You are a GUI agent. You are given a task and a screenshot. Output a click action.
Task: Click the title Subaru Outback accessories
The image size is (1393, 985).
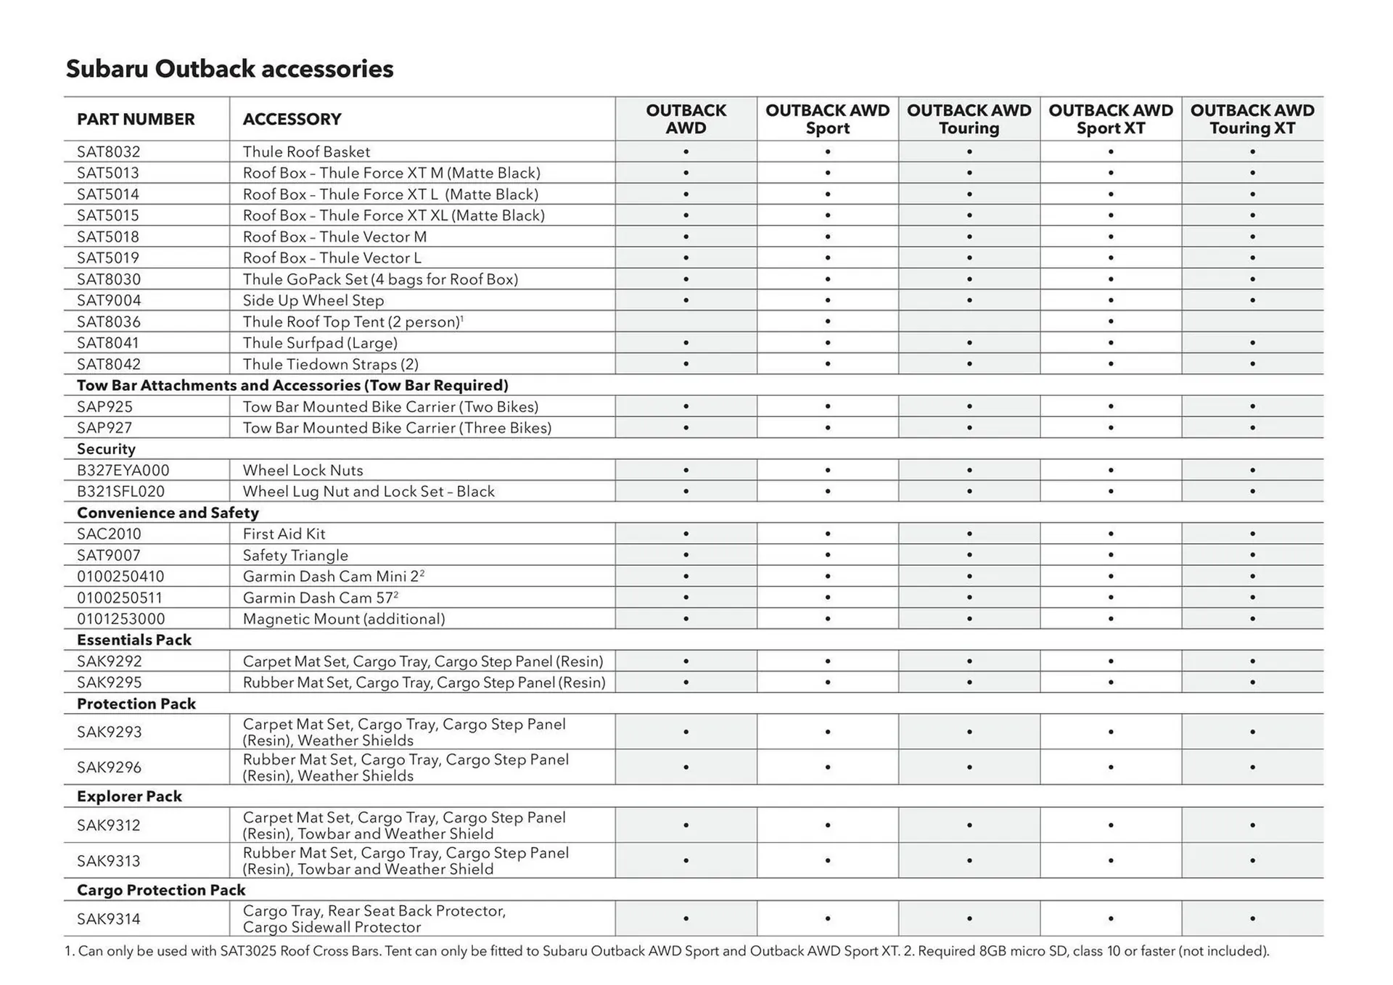click(x=229, y=69)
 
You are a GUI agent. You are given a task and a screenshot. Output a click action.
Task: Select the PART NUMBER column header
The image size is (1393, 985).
click(x=136, y=119)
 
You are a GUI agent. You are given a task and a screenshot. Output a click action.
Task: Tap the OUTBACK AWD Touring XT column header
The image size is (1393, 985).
click(x=1252, y=119)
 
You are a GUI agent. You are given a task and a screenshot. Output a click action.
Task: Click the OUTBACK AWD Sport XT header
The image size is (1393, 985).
click(x=1110, y=119)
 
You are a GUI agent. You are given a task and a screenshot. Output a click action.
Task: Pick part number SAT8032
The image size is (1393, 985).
click(x=109, y=152)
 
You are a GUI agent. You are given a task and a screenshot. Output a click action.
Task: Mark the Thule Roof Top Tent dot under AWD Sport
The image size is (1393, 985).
click(x=827, y=321)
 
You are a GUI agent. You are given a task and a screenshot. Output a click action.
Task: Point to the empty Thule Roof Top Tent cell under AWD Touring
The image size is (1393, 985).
click(x=969, y=321)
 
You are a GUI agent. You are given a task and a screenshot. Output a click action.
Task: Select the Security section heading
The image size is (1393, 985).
click(x=106, y=449)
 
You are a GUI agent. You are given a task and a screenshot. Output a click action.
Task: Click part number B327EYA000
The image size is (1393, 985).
click(x=123, y=470)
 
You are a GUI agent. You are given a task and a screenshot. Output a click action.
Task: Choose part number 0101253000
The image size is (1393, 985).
click(x=120, y=619)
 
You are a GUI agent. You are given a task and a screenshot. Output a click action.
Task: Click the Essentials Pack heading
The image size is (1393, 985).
click(x=134, y=640)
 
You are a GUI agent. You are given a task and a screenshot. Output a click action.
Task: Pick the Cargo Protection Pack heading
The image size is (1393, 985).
click(x=161, y=890)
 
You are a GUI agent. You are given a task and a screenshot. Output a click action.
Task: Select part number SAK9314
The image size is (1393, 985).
click(x=109, y=919)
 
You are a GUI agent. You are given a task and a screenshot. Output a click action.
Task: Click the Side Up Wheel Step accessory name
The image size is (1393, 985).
click(x=313, y=300)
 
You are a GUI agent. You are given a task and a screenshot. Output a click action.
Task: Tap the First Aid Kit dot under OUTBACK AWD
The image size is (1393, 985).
click(x=686, y=534)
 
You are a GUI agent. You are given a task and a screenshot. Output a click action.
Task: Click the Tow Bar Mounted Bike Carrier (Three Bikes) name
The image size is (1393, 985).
click(x=397, y=428)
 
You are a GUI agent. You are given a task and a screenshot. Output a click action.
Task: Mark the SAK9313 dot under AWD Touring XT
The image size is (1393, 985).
click(x=1252, y=861)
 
